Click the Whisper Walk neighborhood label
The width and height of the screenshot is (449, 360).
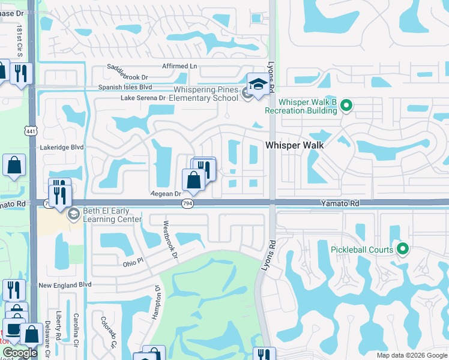point(295,145)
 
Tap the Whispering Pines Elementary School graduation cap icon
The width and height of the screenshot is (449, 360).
point(258,85)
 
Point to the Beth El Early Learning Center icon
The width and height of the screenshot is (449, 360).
point(74,214)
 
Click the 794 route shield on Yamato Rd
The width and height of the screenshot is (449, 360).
point(187,204)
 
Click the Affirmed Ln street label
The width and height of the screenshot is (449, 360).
point(179,66)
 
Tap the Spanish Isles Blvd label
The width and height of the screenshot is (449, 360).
point(125,88)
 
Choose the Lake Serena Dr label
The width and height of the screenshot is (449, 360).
point(143,98)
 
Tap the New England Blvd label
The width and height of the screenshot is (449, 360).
point(65,285)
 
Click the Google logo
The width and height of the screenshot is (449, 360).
point(20,353)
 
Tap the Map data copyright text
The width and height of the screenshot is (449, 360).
point(411,355)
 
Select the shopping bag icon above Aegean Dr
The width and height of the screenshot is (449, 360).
point(193,179)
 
